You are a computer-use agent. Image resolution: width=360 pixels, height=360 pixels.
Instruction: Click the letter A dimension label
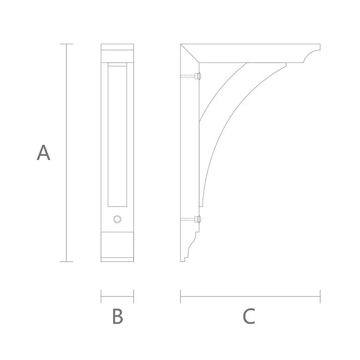coord(43,152)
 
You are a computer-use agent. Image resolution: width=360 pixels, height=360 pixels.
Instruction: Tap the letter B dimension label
coord(118,316)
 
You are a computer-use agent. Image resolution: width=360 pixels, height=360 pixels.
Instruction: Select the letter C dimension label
coord(249,316)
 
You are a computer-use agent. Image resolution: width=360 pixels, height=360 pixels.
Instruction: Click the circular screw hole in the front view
coord(117,219)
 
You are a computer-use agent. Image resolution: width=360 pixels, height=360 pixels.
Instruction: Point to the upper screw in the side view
coord(191,76)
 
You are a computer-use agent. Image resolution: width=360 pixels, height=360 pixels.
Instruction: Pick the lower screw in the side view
coord(191,219)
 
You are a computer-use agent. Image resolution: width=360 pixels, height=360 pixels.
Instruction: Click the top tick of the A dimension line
coord(66,44)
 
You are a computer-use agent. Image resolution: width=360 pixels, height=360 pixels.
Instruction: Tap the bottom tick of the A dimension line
coord(66,261)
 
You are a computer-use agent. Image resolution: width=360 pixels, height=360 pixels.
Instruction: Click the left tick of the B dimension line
coord(101,296)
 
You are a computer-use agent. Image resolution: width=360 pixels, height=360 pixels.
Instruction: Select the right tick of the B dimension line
coord(134,296)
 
